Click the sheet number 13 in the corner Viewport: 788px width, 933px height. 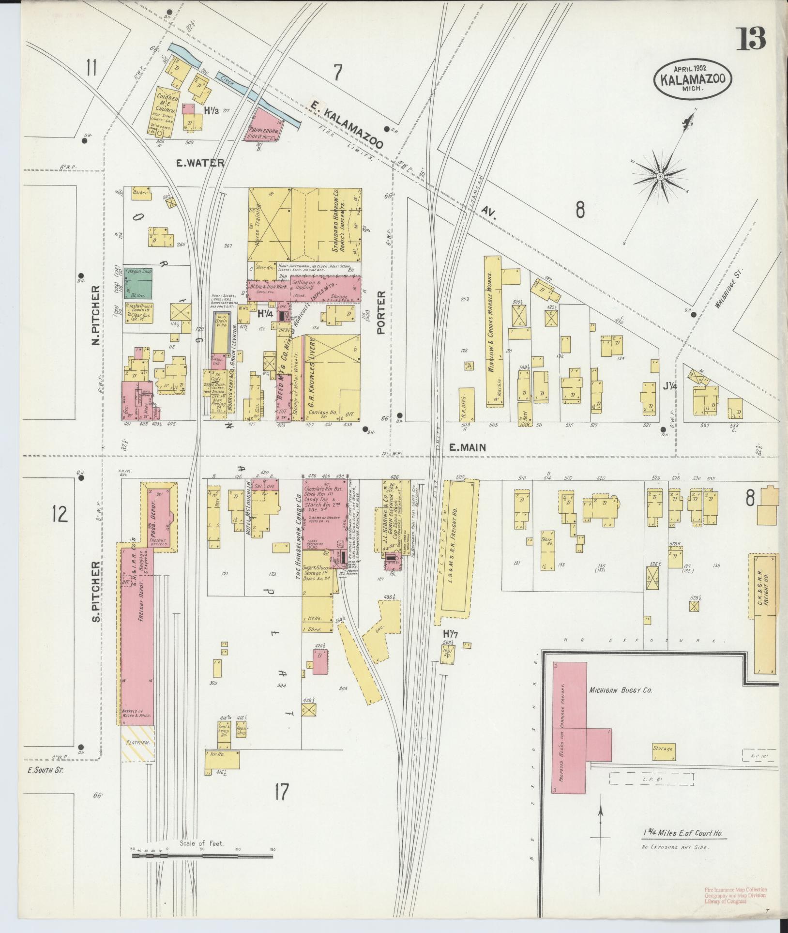(751, 39)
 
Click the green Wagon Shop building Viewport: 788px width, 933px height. (139, 283)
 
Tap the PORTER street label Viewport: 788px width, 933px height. (381, 312)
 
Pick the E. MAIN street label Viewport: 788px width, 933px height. (467, 448)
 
